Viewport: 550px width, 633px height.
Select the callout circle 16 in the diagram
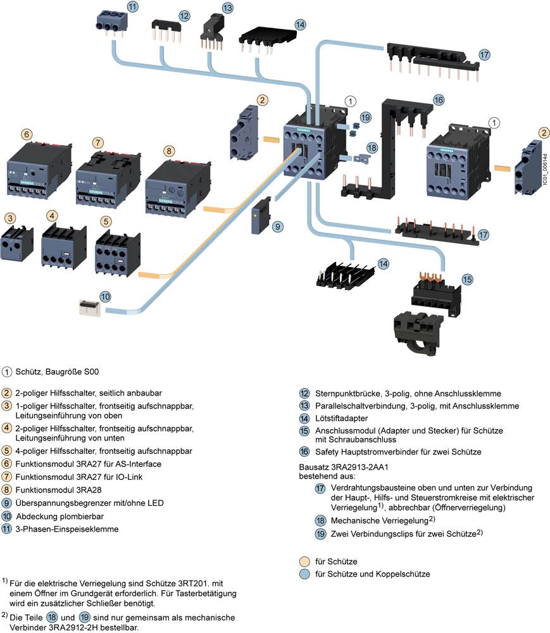click(x=439, y=99)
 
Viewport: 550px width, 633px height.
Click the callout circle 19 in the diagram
click(x=365, y=117)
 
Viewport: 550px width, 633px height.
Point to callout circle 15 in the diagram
click(x=466, y=279)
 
